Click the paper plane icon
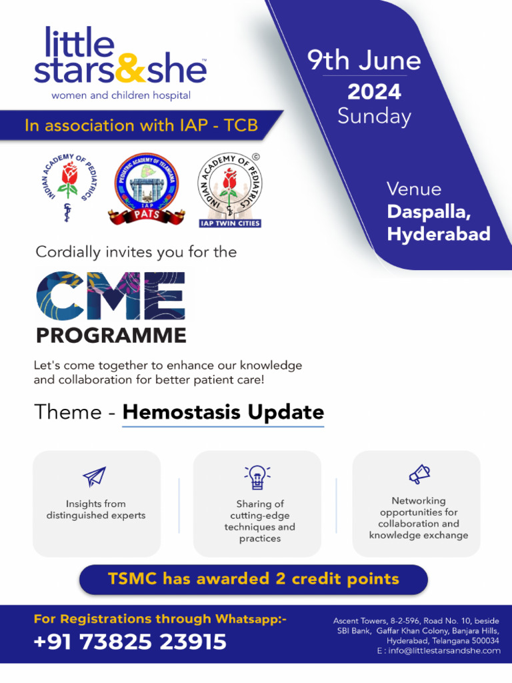click(95, 476)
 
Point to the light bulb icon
click(257, 478)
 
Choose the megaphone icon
click(419, 474)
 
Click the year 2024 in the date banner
click(374, 91)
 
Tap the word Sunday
click(374, 116)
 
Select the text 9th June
click(364, 61)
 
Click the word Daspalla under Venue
click(429, 212)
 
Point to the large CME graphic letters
click(111, 295)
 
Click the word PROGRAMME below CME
click(111, 335)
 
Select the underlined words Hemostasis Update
click(223, 412)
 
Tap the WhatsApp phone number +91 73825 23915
click(130, 642)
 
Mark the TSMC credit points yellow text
click(253, 578)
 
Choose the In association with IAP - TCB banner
click(141, 125)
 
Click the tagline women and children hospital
click(121, 95)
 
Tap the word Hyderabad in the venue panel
click(439, 234)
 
